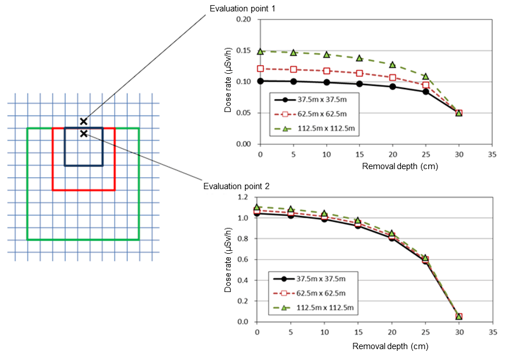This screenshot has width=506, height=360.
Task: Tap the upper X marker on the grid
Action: point(83,121)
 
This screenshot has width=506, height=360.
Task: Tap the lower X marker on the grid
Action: point(83,133)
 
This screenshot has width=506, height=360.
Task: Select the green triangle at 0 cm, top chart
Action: point(260,51)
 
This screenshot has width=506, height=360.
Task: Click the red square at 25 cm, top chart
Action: point(425,85)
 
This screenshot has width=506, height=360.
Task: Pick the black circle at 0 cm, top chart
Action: point(260,81)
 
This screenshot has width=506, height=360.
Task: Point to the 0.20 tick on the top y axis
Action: point(244,19)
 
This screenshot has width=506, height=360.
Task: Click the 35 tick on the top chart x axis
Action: point(492,155)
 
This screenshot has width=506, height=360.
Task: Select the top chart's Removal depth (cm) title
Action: point(390,167)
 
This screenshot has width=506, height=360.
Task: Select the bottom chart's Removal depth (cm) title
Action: point(390,346)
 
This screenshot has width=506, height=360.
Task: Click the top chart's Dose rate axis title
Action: point(228,82)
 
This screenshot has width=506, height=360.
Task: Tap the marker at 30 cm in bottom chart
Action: point(459,316)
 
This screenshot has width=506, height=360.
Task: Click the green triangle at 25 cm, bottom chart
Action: point(425,258)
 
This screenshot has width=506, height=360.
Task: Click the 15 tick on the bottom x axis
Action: point(358,333)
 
